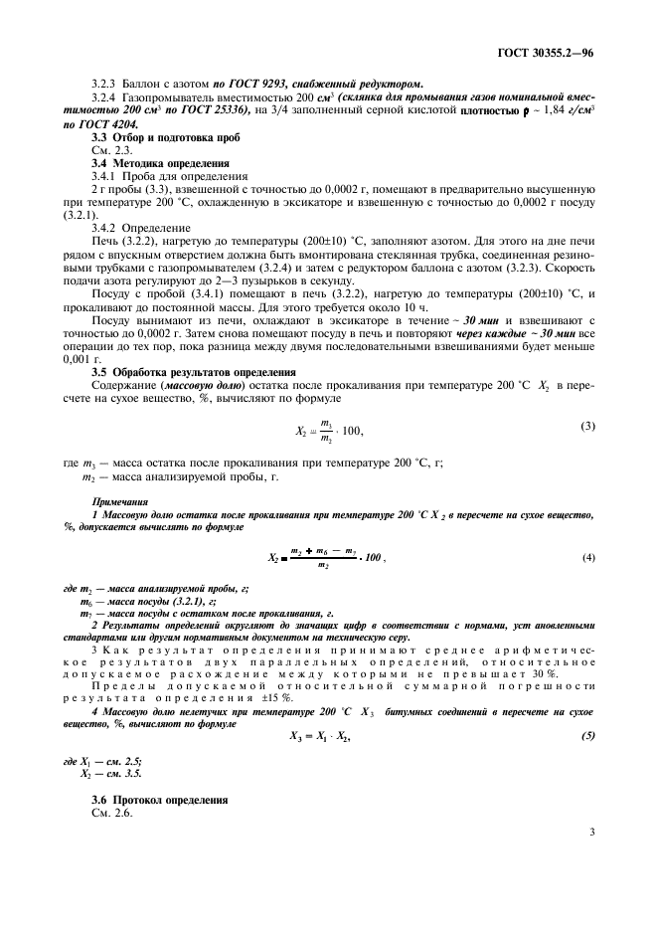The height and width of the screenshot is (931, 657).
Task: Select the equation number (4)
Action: coord(588,557)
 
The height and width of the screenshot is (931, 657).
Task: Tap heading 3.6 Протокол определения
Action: coord(147,801)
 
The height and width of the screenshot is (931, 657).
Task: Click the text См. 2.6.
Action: coord(109,814)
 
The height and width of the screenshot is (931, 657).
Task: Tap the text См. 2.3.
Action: coord(109,149)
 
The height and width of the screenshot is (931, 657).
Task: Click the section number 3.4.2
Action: coord(106,227)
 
